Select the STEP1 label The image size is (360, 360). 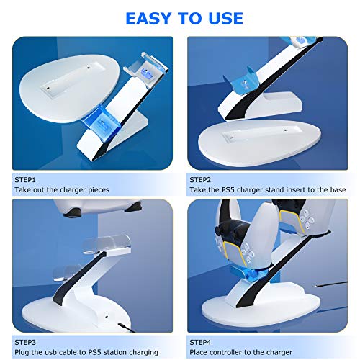(25, 180)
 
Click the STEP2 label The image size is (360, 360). (200, 180)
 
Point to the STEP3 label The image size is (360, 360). (25, 342)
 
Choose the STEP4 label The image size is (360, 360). (200, 342)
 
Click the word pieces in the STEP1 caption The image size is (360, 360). (99, 190)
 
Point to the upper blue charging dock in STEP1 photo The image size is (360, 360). (145, 70)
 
